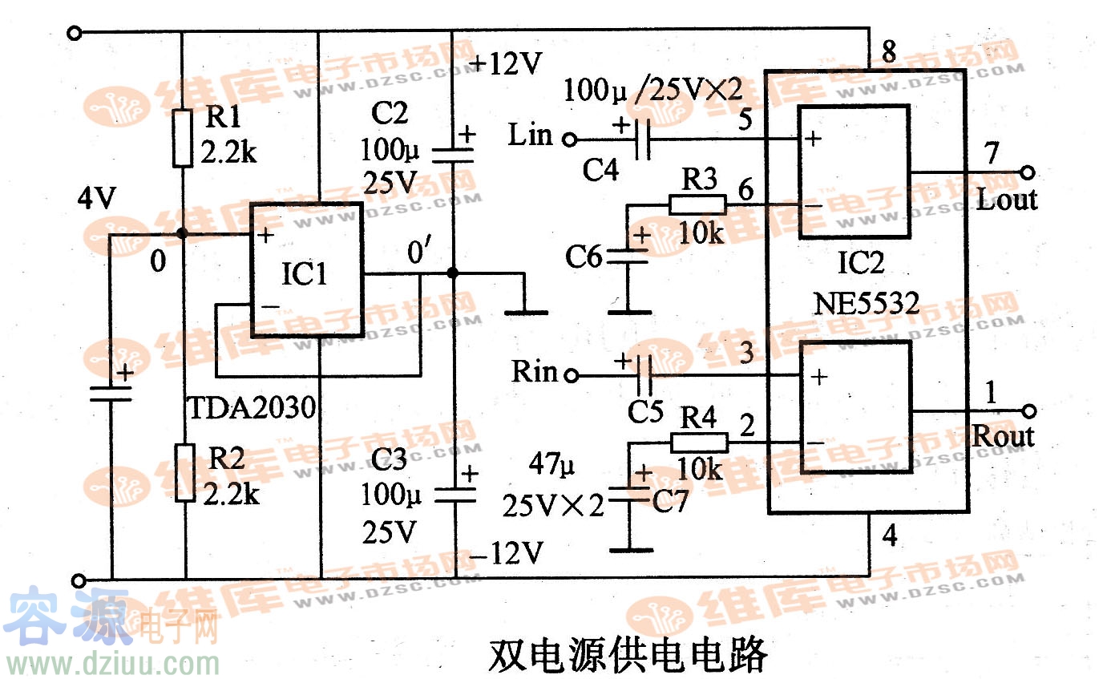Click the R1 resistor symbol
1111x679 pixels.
coord(184,138)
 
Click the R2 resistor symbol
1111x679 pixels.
coord(185,473)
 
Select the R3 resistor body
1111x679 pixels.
coord(697,204)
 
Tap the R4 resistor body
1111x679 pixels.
coord(699,442)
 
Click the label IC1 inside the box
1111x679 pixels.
coord(304,275)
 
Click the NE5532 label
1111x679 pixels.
coord(867,304)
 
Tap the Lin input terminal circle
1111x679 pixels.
coord(569,139)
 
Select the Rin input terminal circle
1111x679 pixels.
coord(571,374)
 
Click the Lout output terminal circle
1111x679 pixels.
coord(1027,172)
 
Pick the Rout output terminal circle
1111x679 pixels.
coord(1029,411)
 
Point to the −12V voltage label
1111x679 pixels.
coord(507,552)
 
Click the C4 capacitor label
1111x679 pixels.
coord(601,169)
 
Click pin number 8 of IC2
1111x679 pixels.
coord(888,53)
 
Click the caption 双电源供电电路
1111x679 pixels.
coord(628,655)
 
